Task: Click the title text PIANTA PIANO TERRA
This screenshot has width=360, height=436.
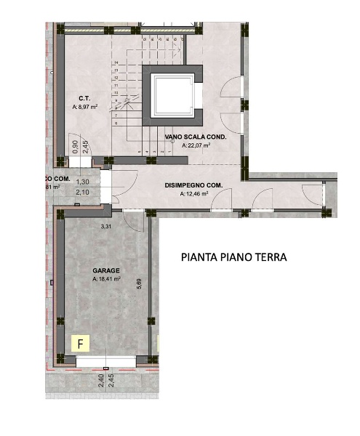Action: click(x=233, y=257)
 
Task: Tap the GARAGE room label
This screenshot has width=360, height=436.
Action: click(x=106, y=270)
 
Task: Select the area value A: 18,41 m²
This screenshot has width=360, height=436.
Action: click(x=106, y=279)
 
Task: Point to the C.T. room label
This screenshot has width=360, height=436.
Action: click(x=84, y=97)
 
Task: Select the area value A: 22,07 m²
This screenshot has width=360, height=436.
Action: click(x=196, y=145)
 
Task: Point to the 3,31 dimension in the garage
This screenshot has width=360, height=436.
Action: click(x=107, y=227)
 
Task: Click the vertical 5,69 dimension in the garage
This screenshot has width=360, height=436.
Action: click(x=140, y=285)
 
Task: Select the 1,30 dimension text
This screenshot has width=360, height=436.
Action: click(x=83, y=182)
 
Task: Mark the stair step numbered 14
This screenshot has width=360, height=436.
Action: click(x=116, y=63)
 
